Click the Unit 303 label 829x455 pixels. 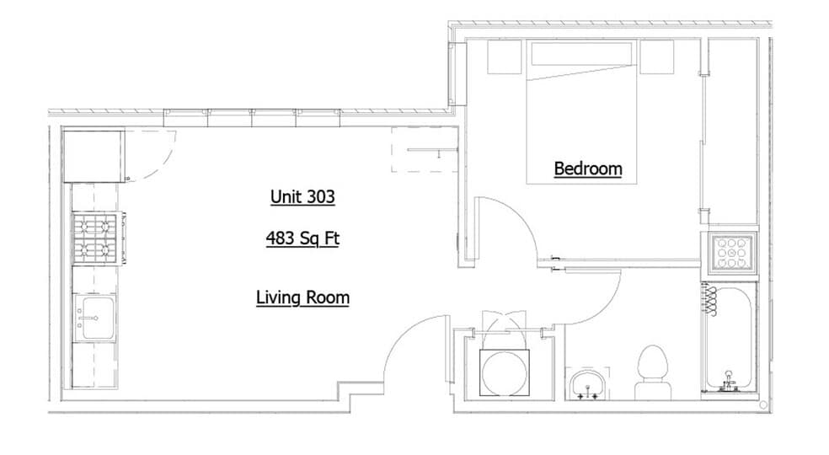click(302, 197)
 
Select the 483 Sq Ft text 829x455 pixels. click(302, 238)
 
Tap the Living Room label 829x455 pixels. click(302, 297)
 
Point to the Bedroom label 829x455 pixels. click(588, 169)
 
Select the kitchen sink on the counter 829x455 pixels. click(94, 317)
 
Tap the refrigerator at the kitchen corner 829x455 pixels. click(93, 154)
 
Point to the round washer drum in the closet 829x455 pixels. click(504, 371)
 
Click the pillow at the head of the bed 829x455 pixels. click(581, 55)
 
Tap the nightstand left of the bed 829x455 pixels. click(505, 57)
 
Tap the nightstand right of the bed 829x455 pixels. click(660, 57)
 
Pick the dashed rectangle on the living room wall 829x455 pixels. click(425, 150)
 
